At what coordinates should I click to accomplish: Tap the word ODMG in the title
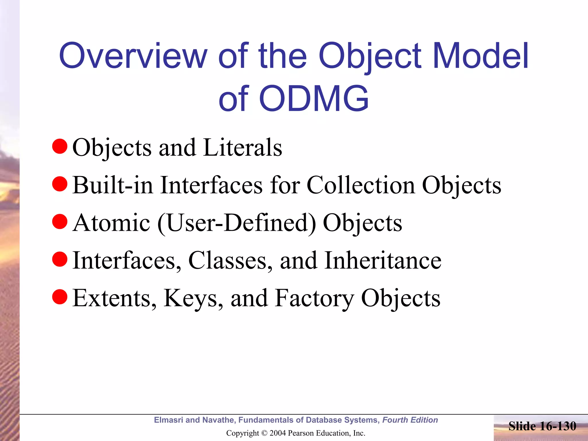(314, 98)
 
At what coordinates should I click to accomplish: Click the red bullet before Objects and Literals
(60, 146)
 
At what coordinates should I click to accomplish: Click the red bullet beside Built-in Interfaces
(60, 184)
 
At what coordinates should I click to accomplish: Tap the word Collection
(361, 185)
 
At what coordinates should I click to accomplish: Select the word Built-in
(113, 185)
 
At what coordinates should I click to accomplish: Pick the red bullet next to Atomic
(60, 222)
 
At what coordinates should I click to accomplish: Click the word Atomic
(111, 223)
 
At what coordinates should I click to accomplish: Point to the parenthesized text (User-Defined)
(237, 223)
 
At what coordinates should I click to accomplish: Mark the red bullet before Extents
(60, 297)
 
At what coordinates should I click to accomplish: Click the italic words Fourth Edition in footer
(410, 420)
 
